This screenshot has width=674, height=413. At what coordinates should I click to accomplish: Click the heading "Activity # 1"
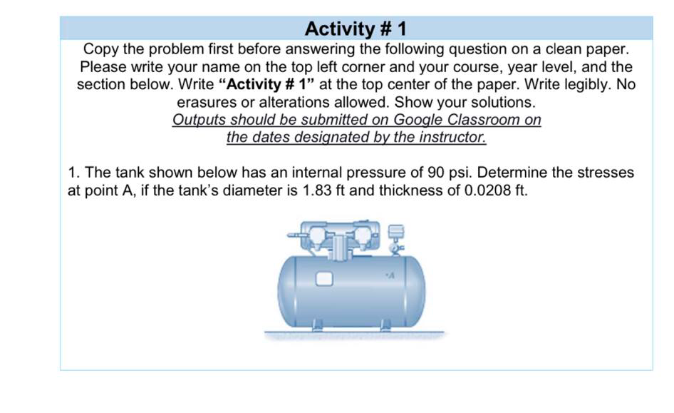coord(355,29)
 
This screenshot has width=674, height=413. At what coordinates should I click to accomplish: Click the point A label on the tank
coord(390,271)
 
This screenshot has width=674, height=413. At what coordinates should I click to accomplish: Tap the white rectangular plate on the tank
coord(325,277)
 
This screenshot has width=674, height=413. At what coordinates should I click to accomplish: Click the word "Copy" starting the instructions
coord(100,50)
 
